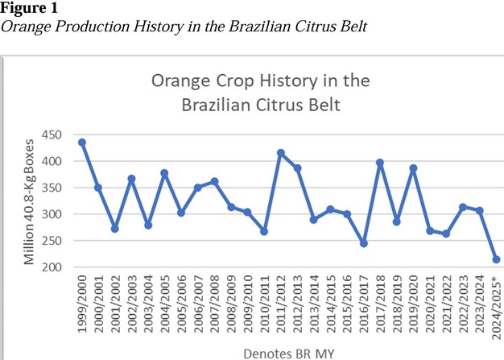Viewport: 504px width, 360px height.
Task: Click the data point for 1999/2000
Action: (82, 143)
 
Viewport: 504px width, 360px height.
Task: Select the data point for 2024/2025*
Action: (497, 259)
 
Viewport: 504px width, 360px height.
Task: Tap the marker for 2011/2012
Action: (281, 152)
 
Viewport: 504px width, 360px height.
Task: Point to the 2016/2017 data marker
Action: (364, 242)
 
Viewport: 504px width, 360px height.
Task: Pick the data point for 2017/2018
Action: (381, 163)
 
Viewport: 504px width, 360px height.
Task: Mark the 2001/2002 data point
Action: (115, 229)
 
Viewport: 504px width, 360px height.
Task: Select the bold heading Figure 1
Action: (25, 8)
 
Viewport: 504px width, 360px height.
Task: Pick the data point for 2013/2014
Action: (314, 219)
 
